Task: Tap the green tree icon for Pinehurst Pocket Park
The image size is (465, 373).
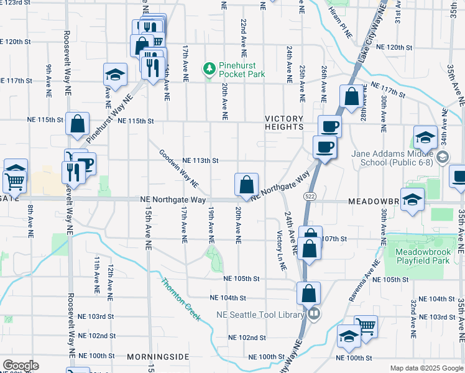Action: tap(210, 68)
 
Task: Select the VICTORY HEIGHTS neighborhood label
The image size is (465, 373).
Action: tap(284, 123)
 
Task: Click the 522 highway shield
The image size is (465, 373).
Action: tap(308, 196)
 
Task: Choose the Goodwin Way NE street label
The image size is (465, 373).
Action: tap(178, 168)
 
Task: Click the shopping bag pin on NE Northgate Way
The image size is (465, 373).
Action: tap(247, 185)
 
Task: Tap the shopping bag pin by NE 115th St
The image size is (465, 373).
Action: tap(78, 124)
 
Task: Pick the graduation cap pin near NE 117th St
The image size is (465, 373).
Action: tap(116, 75)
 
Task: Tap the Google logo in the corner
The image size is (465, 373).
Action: tap(20, 366)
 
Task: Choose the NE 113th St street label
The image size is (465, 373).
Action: tap(200, 160)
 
